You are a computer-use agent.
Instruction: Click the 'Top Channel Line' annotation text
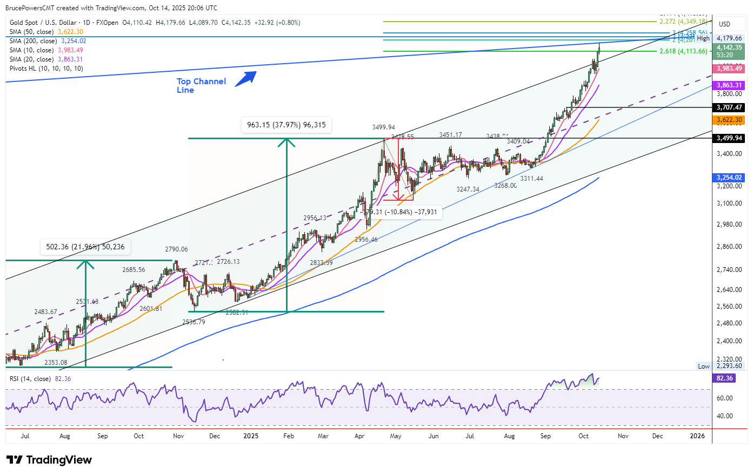coord(201,85)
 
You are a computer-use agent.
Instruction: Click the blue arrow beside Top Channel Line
coord(245,78)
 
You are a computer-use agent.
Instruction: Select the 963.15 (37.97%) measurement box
coord(286,125)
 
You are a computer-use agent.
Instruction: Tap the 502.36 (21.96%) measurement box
coord(85,247)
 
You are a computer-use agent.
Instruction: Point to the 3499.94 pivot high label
coord(383,127)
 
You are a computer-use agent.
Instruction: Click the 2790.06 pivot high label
coord(176,249)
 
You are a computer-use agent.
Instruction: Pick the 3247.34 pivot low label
coord(468,189)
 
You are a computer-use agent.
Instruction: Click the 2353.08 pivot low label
coord(56,363)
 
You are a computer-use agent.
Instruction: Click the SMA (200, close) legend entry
coord(48,41)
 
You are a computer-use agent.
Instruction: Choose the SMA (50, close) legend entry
coord(46,32)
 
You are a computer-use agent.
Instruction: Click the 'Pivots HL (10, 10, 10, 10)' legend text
coord(46,69)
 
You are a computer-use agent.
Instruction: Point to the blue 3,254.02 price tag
coord(729,178)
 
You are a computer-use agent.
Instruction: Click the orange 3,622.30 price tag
coord(729,120)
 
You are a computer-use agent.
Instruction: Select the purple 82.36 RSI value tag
coord(724,378)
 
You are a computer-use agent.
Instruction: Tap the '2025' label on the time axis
coord(251,436)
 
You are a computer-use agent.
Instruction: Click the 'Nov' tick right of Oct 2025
coord(623,436)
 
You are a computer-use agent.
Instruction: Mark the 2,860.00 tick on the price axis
coord(729,247)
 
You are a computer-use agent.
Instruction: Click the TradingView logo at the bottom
coord(49,460)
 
